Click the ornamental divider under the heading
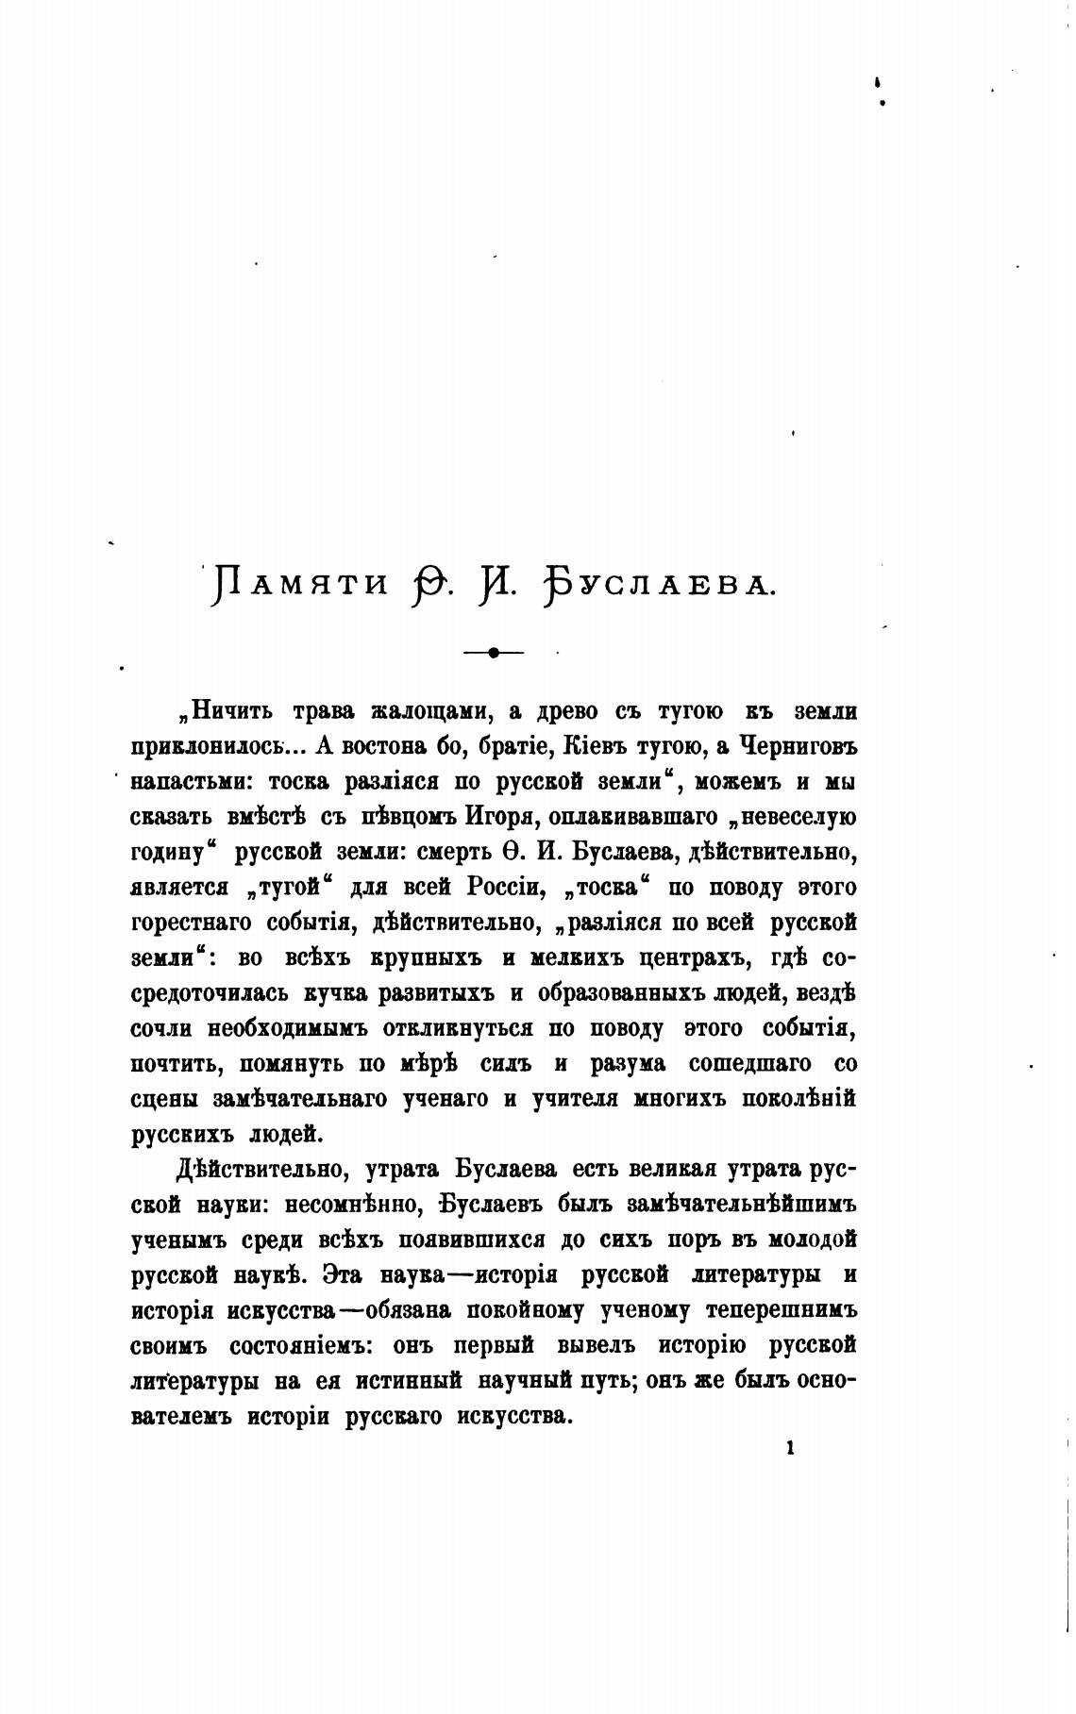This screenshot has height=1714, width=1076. [493, 651]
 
